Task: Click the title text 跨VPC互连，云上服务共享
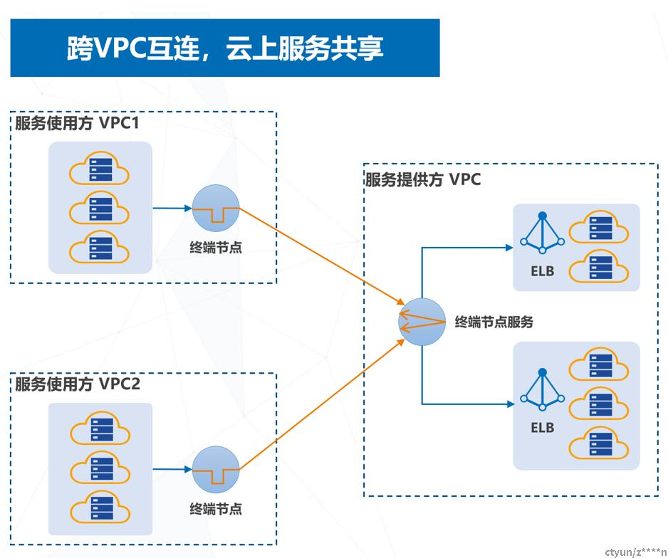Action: [x=224, y=48]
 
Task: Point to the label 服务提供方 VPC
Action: [x=423, y=179]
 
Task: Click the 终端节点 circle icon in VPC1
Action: [x=216, y=209]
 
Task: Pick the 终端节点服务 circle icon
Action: [x=422, y=322]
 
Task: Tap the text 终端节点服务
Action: [x=494, y=322]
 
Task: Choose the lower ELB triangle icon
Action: [x=542, y=390]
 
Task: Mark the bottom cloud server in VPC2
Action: [x=99, y=508]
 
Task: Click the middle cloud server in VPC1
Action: [x=99, y=209]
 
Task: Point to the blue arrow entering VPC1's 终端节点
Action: [x=172, y=209]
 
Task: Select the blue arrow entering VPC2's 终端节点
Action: [x=172, y=470]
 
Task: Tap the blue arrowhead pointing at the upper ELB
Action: [x=509, y=248]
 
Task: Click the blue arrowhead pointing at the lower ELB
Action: [x=509, y=404]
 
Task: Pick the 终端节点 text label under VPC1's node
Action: [x=216, y=247]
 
